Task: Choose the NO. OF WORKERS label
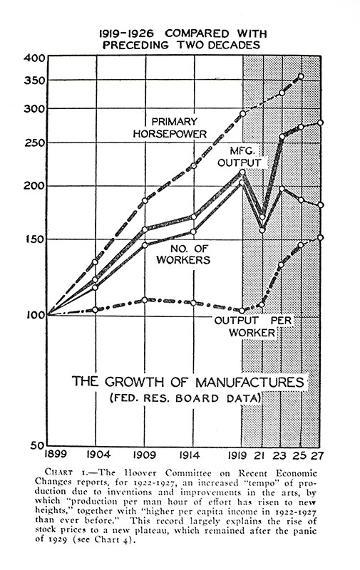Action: click(190, 254)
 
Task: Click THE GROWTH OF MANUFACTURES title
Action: click(187, 380)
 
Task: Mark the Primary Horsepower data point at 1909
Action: click(145, 202)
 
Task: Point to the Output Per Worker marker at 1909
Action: click(145, 300)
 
